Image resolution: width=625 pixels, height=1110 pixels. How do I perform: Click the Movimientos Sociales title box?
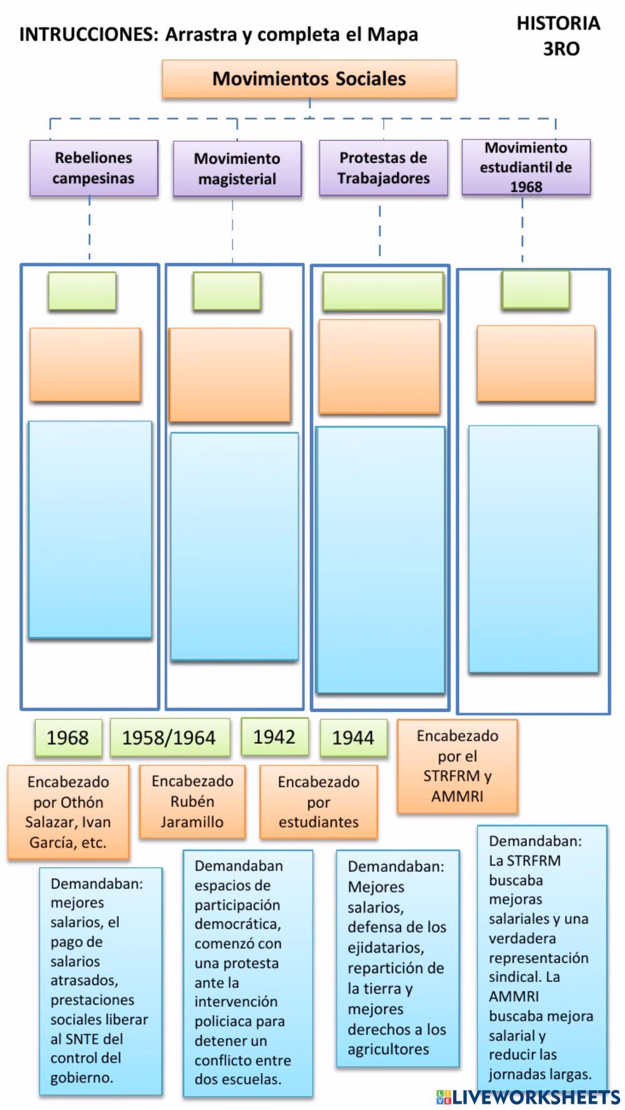(x=309, y=79)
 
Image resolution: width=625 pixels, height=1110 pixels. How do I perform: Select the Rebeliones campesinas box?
(x=94, y=168)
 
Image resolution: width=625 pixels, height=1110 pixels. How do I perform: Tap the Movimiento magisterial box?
(x=237, y=169)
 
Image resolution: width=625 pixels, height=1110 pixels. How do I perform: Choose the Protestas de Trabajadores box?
(x=383, y=168)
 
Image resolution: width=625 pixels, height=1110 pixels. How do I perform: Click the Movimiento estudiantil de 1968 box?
(x=526, y=167)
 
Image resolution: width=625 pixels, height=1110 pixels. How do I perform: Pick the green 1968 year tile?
(x=67, y=737)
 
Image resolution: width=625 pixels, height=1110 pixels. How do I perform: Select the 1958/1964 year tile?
(x=169, y=737)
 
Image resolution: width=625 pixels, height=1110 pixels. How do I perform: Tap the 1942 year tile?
(x=274, y=737)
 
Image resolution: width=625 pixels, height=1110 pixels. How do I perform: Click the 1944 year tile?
(x=353, y=738)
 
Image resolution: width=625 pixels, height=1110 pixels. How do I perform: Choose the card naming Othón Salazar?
(x=68, y=812)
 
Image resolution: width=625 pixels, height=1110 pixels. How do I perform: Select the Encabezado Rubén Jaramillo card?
(x=192, y=801)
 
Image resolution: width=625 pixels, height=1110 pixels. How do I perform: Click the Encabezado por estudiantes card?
(x=319, y=802)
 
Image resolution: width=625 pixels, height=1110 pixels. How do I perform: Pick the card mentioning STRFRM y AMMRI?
(x=457, y=766)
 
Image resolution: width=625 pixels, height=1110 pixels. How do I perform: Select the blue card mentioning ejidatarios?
(x=397, y=957)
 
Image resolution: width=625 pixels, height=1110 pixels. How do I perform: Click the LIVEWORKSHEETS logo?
(x=528, y=1097)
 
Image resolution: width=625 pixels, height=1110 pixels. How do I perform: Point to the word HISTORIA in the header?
(x=558, y=24)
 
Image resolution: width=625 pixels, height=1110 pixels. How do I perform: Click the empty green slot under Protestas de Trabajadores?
(x=383, y=292)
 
